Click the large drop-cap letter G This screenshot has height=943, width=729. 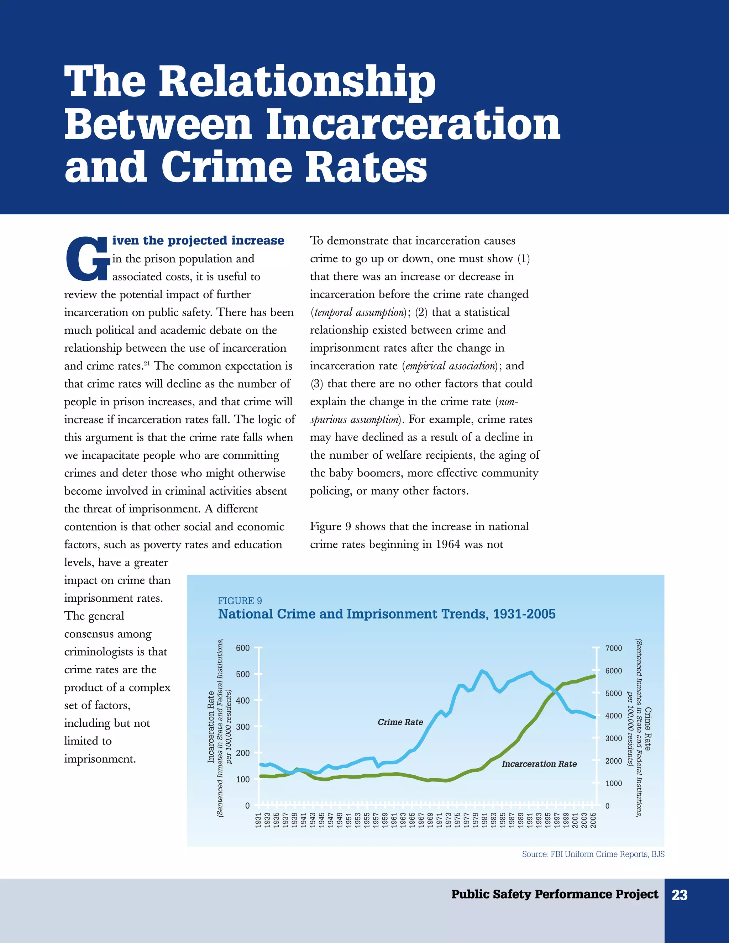point(87,258)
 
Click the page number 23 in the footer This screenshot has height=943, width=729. point(679,895)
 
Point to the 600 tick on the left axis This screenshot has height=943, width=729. point(243,648)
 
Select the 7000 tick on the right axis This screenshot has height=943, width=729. point(614,648)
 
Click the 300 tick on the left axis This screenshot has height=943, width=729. point(243,727)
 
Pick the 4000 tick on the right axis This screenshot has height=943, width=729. point(614,716)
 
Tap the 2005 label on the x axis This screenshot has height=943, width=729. point(593,820)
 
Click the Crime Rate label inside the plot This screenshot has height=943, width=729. point(400,722)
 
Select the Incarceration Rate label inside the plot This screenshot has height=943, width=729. point(539,764)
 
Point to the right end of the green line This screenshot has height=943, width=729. point(595,676)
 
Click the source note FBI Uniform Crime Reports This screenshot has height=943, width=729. point(593,854)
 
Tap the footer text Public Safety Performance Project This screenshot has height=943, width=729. point(555,894)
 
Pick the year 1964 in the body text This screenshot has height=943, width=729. point(447,544)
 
